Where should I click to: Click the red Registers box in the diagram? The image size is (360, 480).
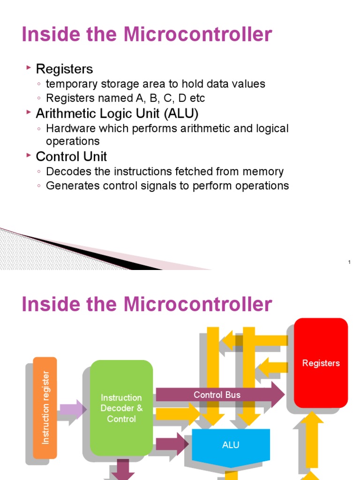point(321,363)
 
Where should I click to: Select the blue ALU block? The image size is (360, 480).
point(231,445)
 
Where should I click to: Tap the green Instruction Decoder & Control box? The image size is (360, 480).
point(121,408)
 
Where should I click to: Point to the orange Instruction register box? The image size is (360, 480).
point(45,408)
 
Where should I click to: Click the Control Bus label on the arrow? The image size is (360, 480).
point(217,395)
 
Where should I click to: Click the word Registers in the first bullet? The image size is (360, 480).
point(64,69)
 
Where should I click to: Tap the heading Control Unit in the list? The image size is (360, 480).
point(71,157)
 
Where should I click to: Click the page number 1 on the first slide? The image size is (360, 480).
point(350,262)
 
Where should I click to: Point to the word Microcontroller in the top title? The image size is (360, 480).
point(198,35)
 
